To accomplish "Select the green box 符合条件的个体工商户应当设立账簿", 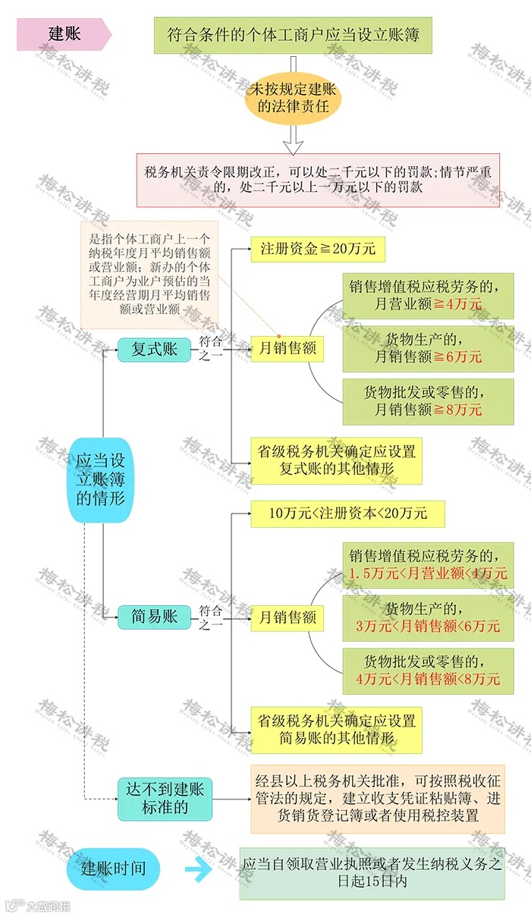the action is (293, 36).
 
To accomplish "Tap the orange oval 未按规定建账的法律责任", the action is (293, 98).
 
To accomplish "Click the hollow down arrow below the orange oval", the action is (293, 140).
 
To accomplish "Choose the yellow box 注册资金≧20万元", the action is (318, 249).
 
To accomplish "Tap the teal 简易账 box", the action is (155, 616).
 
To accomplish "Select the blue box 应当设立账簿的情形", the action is (100, 479).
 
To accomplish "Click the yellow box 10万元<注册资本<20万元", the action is (347, 513).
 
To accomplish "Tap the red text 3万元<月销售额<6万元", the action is (428, 626).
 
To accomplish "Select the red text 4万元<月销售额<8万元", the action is (428, 679).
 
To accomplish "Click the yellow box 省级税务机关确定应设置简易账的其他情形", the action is (336, 729).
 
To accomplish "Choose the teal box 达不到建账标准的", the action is (165, 799).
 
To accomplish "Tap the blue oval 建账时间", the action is (113, 868).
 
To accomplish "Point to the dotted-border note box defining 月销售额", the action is (149, 273).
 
